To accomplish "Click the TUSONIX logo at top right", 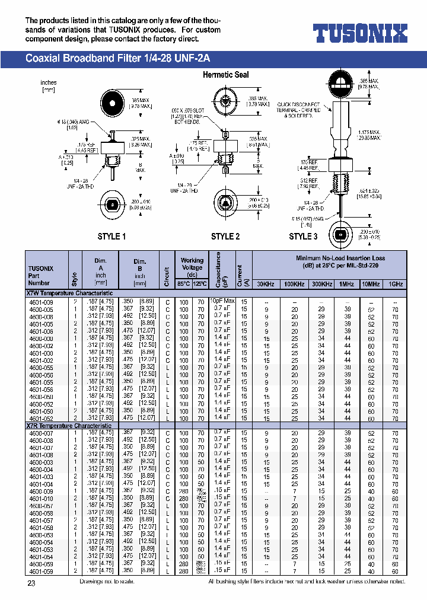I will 360,33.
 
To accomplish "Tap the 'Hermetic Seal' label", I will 225,75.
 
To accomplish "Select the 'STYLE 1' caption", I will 111,237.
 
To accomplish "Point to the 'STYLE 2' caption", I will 225,237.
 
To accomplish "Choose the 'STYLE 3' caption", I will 303,237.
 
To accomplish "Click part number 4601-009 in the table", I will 42,302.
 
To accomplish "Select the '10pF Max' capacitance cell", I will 224,301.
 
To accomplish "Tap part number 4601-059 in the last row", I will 42,571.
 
